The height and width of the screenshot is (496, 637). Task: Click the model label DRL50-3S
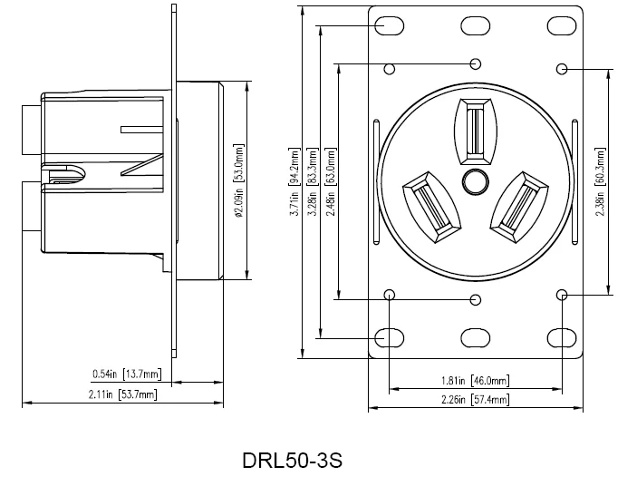click(292, 461)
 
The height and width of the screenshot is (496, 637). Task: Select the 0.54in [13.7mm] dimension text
click(127, 374)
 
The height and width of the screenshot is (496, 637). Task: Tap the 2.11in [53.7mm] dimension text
click(122, 394)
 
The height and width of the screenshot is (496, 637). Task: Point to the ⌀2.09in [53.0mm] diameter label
click(239, 181)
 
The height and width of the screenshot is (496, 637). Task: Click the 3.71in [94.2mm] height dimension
click(294, 181)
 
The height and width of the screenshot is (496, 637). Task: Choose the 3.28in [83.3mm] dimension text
click(313, 181)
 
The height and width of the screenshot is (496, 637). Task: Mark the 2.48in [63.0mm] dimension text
click(331, 181)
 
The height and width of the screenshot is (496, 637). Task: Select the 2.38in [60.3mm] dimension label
click(600, 181)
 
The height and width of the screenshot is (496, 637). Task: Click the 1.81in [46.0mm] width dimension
click(475, 381)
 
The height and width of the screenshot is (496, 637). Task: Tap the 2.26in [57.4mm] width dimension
click(475, 400)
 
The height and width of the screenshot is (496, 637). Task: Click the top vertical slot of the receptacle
click(476, 131)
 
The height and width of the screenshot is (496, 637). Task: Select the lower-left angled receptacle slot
click(432, 207)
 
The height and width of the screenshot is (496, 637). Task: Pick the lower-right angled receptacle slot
click(519, 207)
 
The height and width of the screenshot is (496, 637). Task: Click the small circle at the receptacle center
click(476, 181)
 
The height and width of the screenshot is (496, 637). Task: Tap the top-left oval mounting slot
click(390, 26)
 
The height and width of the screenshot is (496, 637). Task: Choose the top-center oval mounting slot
click(476, 26)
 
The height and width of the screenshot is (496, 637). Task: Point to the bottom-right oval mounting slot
click(562, 338)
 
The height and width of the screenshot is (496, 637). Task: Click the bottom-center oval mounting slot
click(476, 338)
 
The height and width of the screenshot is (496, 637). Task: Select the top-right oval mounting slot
click(562, 26)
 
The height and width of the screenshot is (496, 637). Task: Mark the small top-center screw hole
click(476, 63)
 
